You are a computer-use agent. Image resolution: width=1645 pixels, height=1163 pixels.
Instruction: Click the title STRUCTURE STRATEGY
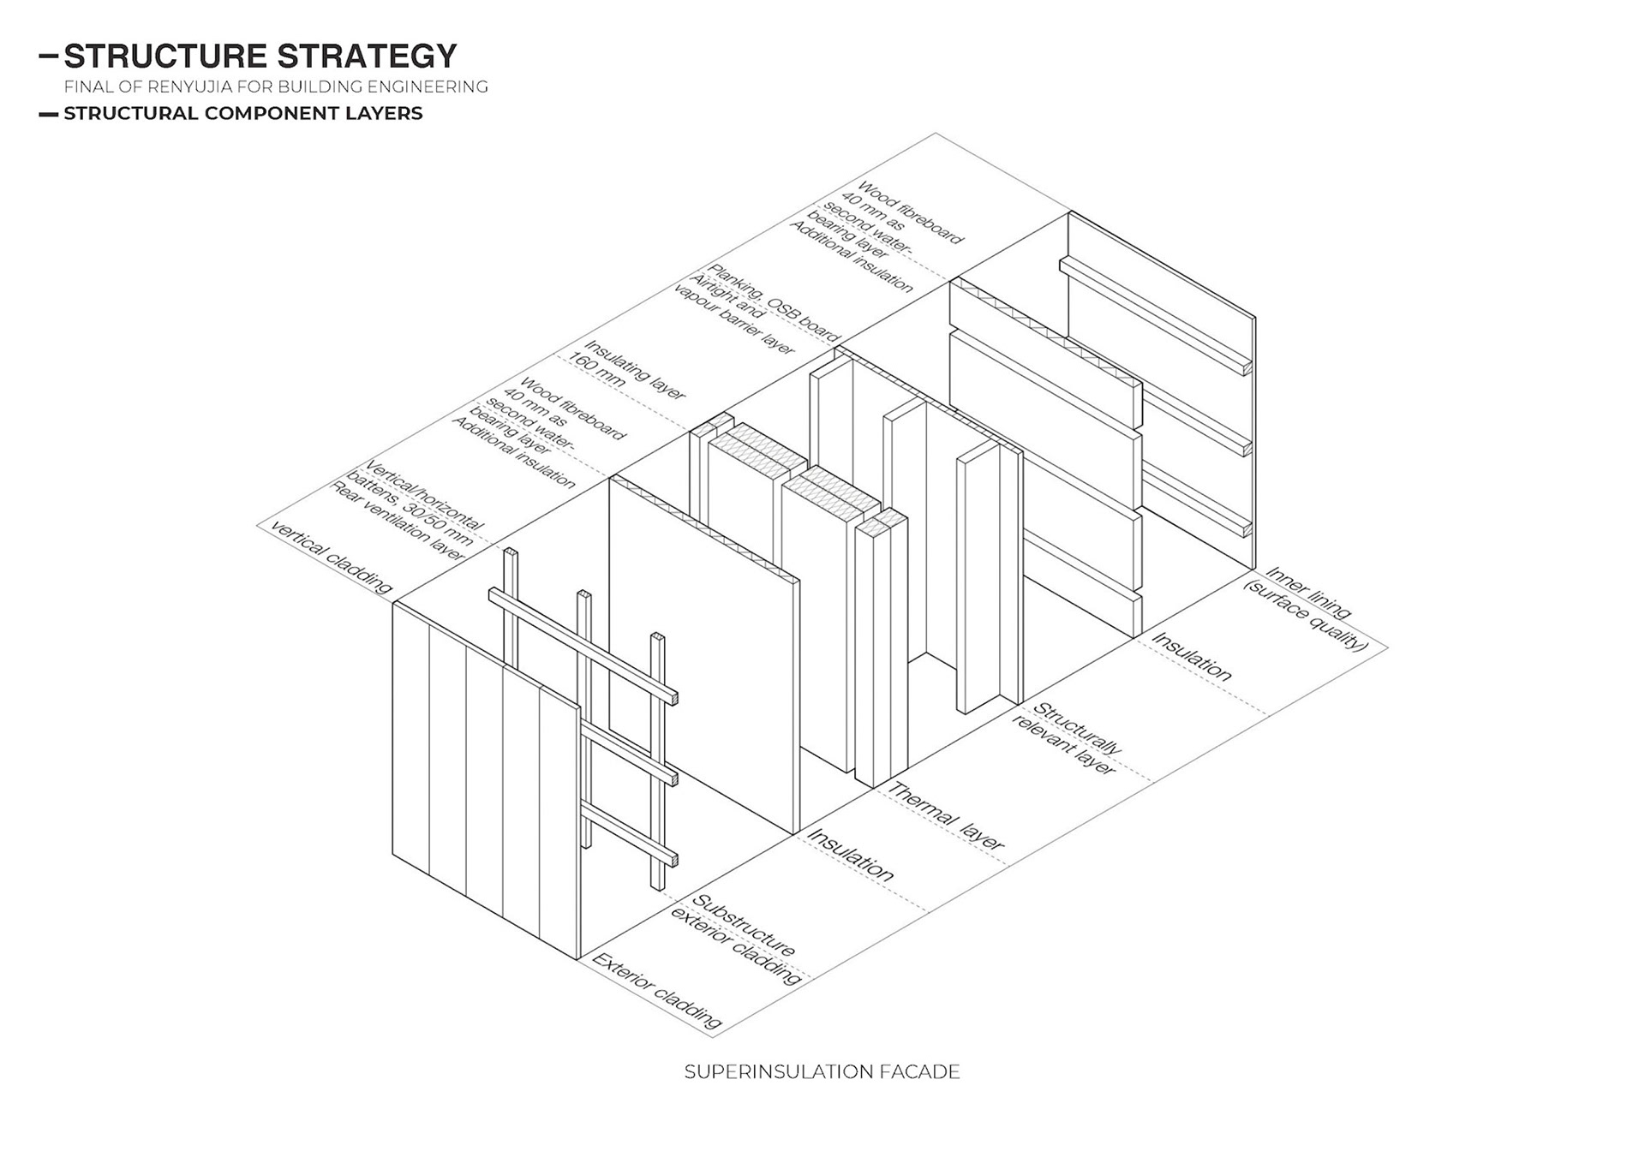click(x=260, y=57)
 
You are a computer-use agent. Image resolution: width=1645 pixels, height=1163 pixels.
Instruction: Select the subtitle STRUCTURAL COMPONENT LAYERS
click(x=243, y=113)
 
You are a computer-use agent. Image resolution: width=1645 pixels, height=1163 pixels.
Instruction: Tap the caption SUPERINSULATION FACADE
click(x=822, y=1071)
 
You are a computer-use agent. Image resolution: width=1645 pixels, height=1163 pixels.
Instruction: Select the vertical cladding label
click(x=331, y=556)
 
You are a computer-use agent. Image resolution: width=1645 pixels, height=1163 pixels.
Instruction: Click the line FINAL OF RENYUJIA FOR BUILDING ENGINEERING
click(x=276, y=86)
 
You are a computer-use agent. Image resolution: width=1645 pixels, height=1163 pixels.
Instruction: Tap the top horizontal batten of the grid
click(x=583, y=642)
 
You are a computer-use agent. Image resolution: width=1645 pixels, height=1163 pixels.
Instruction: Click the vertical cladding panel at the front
click(x=484, y=779)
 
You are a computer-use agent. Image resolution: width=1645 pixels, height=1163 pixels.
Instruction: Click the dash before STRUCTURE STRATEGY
click(x=49, y=57)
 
